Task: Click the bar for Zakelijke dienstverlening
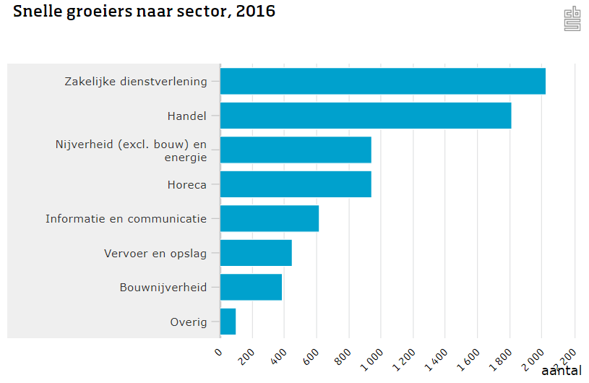[382, 81]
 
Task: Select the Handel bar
[366, 116]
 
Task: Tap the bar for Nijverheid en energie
[296, 150]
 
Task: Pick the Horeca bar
[296, 184]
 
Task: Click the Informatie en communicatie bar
[270, 218]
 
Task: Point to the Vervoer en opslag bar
[256, 253]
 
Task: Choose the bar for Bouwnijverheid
[251, 287]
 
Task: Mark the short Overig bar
[228, 322]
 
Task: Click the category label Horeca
[186, 184]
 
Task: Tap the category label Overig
[188, 322]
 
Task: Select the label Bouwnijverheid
[163, 287]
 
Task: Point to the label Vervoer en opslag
[155, 253]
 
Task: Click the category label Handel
[186, 116]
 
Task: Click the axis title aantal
[561, 371]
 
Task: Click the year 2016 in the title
[255, 12]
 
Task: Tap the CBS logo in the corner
[572, 20]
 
